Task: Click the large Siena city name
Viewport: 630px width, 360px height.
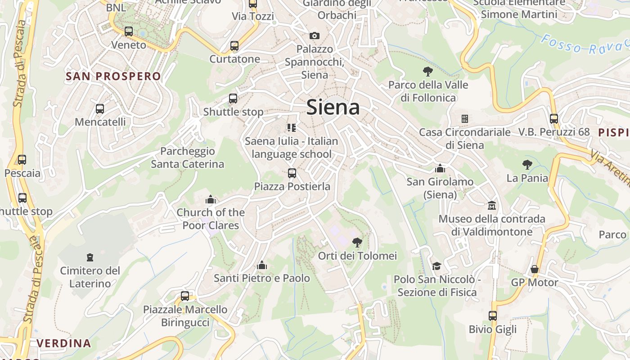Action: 333,108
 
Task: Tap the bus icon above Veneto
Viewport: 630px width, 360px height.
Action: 129,31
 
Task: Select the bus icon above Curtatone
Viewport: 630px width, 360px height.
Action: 234,45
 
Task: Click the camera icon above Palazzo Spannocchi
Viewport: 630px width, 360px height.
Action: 315,36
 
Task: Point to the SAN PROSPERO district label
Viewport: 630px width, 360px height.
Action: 113,76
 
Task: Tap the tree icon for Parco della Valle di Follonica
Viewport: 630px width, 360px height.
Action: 427,71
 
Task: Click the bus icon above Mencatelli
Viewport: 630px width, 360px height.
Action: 100,108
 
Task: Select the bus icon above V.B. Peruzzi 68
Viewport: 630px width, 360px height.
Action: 553,119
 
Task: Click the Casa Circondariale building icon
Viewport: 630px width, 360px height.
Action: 465,119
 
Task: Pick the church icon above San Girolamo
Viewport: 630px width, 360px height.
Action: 440,168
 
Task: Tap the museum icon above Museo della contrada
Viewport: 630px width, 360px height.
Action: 492,206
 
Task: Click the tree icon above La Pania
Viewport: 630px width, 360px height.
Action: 527,165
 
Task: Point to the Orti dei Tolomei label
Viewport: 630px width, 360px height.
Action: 357,256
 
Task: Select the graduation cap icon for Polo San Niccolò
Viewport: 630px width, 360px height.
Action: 436,266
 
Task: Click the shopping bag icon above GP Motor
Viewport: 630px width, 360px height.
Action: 534,269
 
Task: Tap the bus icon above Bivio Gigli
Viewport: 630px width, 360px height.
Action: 493,315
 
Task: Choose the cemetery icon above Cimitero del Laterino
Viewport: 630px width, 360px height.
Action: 90,257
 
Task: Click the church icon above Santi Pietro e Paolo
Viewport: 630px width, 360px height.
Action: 261,265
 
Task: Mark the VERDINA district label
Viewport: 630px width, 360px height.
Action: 64,343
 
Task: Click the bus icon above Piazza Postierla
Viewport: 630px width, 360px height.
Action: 292,173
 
